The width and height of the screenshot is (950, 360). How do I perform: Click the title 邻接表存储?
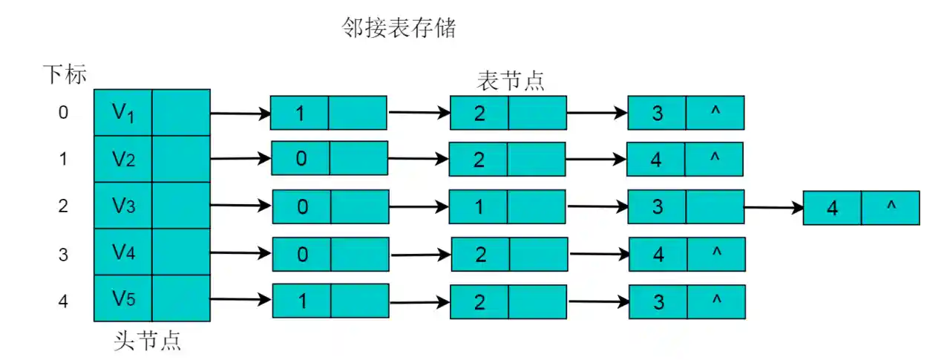[x=398, y=28]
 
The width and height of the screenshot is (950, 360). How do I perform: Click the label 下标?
[x=64, y=75]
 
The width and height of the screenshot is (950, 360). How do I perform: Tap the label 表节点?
[x=510, y=81]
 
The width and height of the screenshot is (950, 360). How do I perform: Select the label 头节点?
[x=148, y=341]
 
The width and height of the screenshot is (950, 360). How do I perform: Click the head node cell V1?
[x=123, y=113]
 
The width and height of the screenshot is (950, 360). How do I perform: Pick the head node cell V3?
[x=123, y=206]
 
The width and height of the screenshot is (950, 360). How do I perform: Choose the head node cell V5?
[x=123, y=298]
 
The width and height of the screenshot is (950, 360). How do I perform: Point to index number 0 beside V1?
[x=63, y=113]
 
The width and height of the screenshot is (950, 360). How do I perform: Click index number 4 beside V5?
[x=63, y=302]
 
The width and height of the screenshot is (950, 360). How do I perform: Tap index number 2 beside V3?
[x=63, y=206]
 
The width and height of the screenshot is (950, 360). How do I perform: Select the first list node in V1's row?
[x=300, y=114]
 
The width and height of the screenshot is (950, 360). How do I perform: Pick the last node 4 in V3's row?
[x=832, y=209]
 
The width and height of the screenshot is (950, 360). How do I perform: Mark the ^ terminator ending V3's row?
[x=891, y=207]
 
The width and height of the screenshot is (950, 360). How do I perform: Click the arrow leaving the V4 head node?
[x=240, y=254]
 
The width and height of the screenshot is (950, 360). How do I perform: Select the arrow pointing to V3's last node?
[x=773, y=208]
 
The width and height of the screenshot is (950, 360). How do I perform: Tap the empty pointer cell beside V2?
[x=181, y=159]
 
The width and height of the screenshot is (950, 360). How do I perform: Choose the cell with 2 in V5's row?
[x=480, y=301]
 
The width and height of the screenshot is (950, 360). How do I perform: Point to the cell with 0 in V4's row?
[x=301, y=255]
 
